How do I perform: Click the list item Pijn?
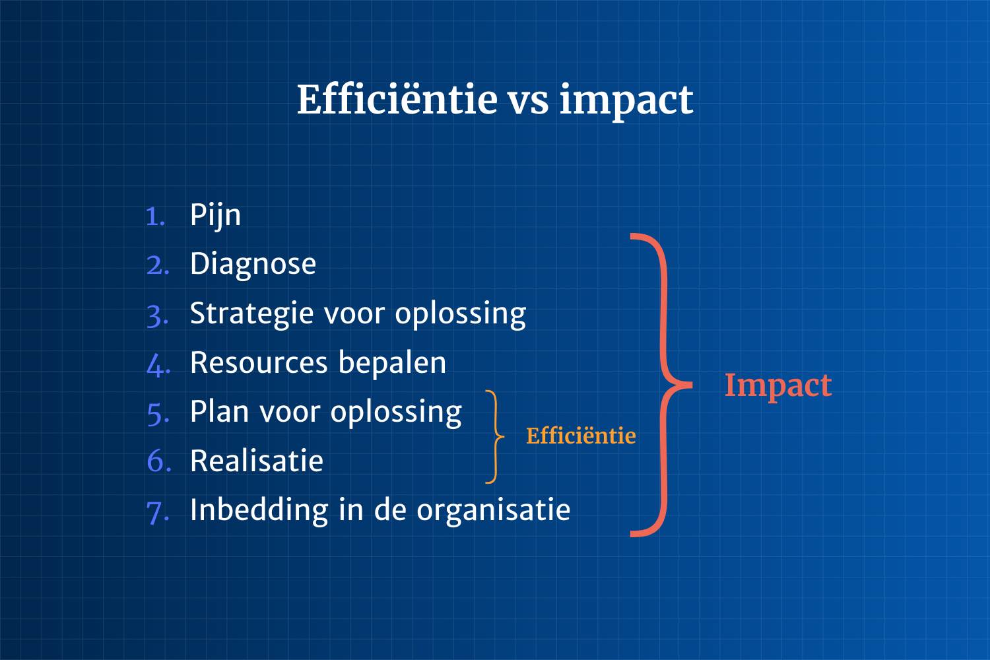click(215, 216)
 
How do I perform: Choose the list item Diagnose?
click(253, 264)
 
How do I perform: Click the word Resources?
click(259, 363)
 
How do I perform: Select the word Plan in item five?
click(219, 412)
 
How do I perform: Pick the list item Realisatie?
click(256, 461)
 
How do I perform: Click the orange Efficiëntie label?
click(581, 436)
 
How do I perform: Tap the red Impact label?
click(778, 386)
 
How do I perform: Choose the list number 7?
click(157, 513)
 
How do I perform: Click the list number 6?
click(158, 461)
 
